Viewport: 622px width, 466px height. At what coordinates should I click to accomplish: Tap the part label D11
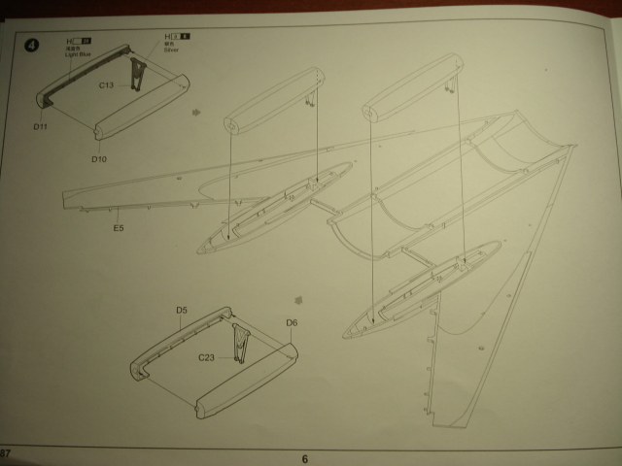tap(40, 126)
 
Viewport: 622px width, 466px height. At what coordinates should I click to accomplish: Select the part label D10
tap(98, 158)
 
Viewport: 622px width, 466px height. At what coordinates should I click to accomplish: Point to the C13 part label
tap(107, 84)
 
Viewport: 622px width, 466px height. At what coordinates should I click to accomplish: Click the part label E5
tap(119, 227)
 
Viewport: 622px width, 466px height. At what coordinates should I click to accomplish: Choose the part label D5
tap(182, 311)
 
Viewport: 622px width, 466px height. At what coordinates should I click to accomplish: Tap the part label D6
tap(292, 322)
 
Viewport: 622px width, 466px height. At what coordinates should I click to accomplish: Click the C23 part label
tap(206, 358)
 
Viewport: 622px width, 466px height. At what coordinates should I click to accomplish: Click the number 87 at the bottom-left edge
tap(6, 455)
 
